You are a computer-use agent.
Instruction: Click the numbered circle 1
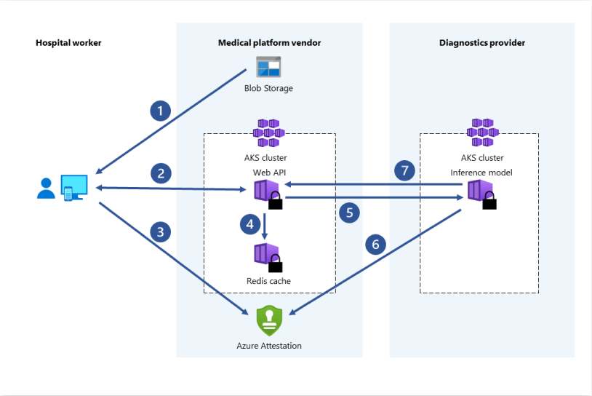160,111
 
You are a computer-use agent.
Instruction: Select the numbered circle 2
160,173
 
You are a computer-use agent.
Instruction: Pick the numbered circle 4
250,224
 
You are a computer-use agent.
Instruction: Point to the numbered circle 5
349,213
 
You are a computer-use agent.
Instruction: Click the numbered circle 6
375,244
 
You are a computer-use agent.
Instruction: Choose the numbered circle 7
405,171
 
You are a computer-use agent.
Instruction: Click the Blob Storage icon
268,68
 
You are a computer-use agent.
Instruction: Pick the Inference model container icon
480,193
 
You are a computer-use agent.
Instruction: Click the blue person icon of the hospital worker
46,189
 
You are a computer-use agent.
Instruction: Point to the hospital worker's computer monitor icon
74,187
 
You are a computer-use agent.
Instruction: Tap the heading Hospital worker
68,43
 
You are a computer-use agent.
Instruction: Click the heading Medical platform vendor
269,43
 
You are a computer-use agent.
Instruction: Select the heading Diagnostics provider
482,43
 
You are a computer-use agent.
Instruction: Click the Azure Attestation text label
269,346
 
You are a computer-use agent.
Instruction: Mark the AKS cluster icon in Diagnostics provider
481,133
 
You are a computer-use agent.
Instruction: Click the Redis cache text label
269,280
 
